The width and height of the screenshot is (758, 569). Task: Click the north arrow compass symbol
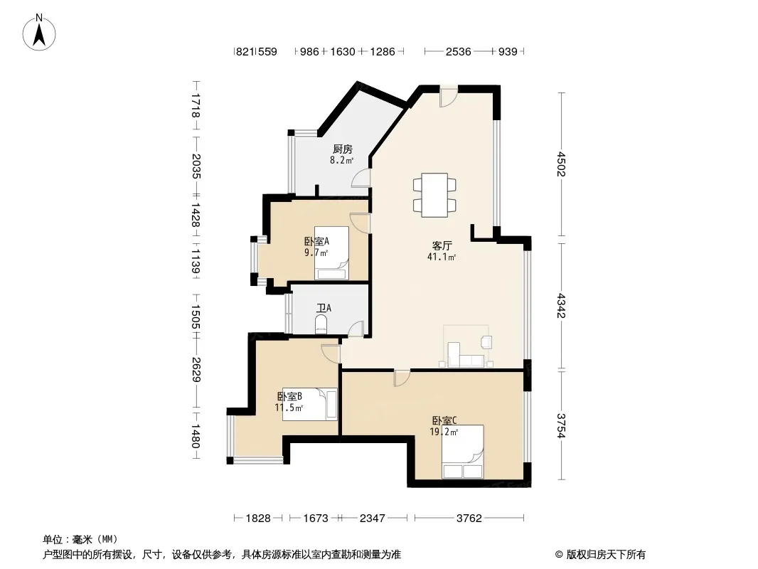pyautogui.click(x=39, y=33)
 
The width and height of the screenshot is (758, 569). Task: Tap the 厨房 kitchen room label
pyautogui.click(x=342, y=149)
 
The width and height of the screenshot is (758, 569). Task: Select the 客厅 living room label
pyautogui.click(x=442, y=245)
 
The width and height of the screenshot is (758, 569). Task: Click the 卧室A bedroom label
pyautogui.click(x=316, y=241)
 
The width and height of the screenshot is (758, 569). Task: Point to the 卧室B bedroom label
pyautogui.click(x=289, y=396)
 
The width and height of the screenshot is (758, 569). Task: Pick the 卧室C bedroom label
pyautogui.click(x=444, y=421)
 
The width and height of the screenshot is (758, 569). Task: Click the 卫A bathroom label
pyautogui.click(x=324, y=308)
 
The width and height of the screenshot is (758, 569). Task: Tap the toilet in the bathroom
pyautogui.click(x=321, y=324)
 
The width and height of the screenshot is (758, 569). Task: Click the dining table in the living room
pyautogui.click(x=434, y=195)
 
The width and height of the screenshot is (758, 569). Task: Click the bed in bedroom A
pyautogui.click(x=331, y=252)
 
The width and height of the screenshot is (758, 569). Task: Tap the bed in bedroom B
pyautogui.click(x=310, y=404)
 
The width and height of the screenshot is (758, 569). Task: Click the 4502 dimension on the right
pyautogui.click(x=561, y=164)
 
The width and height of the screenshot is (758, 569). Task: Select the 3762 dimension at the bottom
pyautogui.click(x=469, y=519)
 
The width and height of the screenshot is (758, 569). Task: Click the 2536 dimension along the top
pyautogui.click(x=458, y=51)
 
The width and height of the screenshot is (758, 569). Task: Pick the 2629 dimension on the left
pyautogui.click(x=196, y=369)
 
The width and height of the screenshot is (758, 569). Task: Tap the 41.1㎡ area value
pyautogui.click(x=442, y=257)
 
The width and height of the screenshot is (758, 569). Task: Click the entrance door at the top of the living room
pyautogui.click(x=448, y=97)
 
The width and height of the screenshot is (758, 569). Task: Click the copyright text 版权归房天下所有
pyautogui.click(x=605, y=555)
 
